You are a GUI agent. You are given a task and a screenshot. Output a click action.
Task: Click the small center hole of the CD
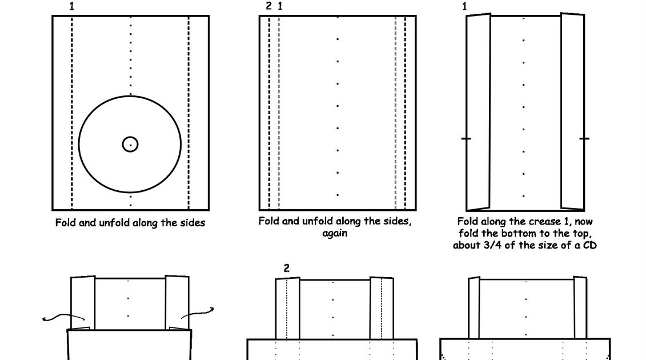[130, 144]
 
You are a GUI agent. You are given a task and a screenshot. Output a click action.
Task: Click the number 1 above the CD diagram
[71, 7]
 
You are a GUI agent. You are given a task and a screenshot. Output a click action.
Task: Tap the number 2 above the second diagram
[269, 6]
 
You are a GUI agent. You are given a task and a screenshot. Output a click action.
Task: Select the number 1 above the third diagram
[464, 7]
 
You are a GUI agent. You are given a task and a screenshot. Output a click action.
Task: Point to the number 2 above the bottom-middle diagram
[287, 268]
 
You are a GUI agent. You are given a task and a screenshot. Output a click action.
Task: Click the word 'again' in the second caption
[335, 233]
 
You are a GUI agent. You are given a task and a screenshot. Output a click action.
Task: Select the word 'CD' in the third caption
[588, 246]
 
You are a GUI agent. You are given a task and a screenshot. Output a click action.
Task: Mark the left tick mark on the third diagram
[466, 139]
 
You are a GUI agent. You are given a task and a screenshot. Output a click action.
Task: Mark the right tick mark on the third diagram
[584, 138]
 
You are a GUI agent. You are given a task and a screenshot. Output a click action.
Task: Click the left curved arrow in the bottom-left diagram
[63, 317]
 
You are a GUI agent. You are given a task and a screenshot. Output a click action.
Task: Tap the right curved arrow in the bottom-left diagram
[198, 314]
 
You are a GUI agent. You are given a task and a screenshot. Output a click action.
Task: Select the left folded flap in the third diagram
[479, 112]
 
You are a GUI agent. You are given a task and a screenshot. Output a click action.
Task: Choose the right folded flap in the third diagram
[572, 111]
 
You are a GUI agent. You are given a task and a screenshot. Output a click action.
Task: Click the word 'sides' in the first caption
[190, 223]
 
